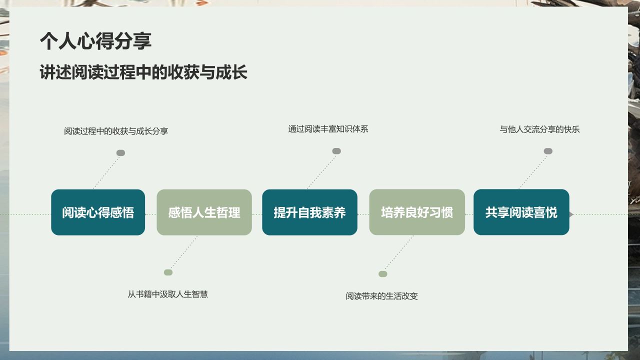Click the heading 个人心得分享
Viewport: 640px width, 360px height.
point(95,41)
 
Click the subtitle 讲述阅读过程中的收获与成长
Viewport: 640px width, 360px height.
point(143,73)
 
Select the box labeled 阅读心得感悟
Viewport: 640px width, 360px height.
point(98,212)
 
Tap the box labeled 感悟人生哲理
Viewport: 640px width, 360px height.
point(204,212)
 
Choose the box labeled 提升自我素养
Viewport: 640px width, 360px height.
point(309,212)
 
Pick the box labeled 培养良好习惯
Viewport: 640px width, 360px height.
point(417,212)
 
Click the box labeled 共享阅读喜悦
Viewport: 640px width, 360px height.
point(521,212)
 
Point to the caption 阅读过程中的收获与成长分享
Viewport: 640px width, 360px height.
point(116,131)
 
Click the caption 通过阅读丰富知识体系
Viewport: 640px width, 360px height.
point(328,129)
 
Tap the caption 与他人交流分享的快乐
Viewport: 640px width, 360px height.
point(539,129)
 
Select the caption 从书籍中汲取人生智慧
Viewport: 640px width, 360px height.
point(167,294)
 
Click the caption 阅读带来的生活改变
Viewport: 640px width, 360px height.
point(381,296)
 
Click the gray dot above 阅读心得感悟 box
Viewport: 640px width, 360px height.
point(120,153)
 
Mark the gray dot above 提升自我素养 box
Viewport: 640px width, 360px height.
point(336,151)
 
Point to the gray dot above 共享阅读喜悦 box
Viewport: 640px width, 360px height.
point(548,151)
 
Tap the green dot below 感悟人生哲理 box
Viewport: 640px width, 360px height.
point(168,272)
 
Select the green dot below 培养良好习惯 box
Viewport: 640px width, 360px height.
point(382,274)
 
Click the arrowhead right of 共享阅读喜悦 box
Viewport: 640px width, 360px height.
point(571,214)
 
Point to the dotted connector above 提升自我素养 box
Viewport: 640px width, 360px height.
point(321,170)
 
